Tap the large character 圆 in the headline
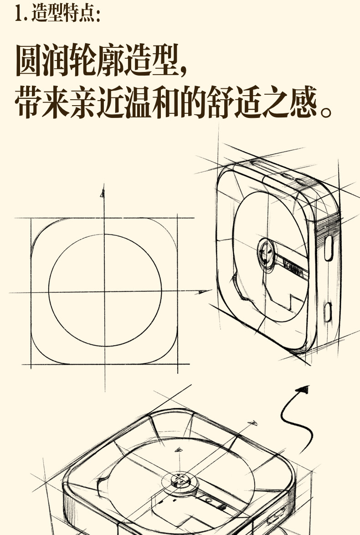tap(29, 61)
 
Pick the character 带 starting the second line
tap(29, 103)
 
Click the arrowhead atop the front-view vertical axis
tap(103, 193)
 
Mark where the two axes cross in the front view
tap(104, 292)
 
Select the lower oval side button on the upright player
tap(327, 311)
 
